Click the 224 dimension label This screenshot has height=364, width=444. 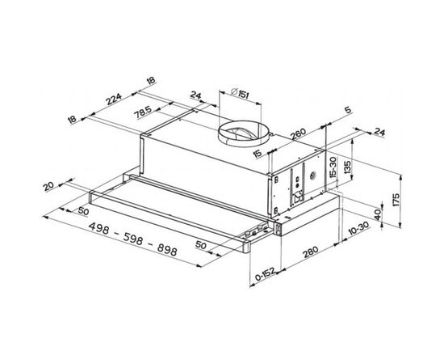[x=114, y=99]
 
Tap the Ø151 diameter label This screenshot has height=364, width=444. [x=240, y=93]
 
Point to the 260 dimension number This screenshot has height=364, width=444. [x=299, y=134]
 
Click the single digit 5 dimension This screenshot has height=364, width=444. [x=348, y=110]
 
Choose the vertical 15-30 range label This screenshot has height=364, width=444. [x=334, y=167]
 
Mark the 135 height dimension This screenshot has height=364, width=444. [x=347, y=167]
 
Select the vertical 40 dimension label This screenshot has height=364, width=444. [x=378, y=215]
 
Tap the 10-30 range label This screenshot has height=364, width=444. [x=358, y=229]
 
